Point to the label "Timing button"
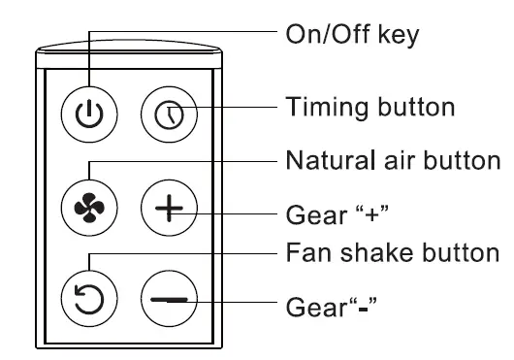click(x=369, y=106)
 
